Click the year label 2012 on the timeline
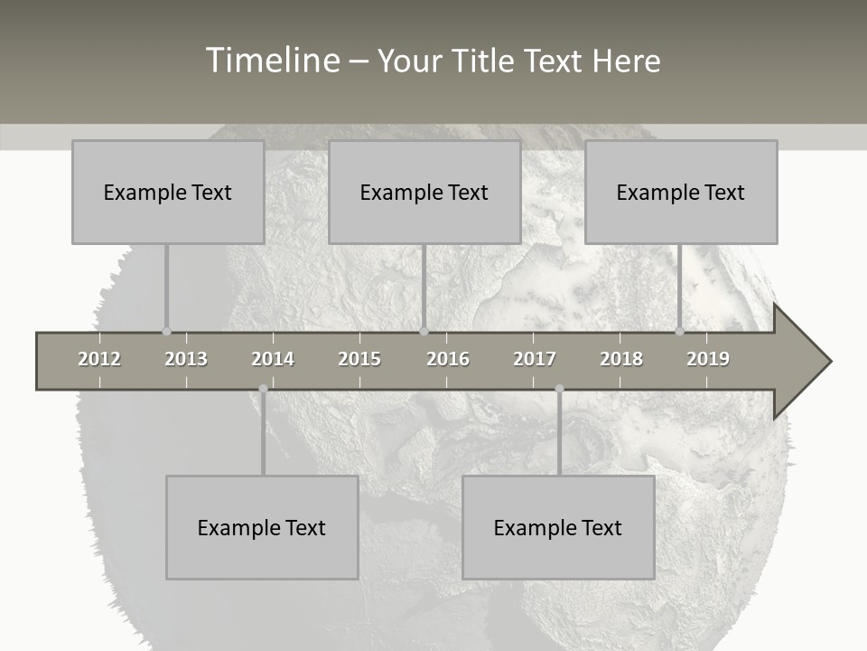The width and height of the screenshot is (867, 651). tap(99, 359)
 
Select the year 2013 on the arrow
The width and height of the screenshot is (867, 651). tap(186, 359)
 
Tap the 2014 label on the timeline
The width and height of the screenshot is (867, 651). tap(273, 359)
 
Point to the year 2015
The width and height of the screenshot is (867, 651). tap(359, 359)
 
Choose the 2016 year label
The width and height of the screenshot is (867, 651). tap(448, 359)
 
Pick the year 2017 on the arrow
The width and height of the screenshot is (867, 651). tap(535, 359)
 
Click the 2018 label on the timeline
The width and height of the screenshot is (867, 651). tap(621, 359)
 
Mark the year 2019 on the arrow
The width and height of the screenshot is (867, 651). tap(708, 359)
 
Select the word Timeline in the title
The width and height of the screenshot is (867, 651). tap(272, 61)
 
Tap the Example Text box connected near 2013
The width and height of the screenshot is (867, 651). tap(168, 192)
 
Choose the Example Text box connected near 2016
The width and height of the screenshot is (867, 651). tap(424, 192)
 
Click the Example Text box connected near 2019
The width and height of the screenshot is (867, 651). tap(681, 192)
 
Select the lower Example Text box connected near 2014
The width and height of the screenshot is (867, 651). tap(262, 527)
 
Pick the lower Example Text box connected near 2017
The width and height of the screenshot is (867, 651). tap(558, 527)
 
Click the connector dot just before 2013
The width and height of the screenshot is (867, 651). tap(166, 331)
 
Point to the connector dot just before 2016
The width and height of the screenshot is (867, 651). tap(424, 331)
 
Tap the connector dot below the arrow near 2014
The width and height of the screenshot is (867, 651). tap(263, 389)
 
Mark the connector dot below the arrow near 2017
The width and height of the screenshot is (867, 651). tap(559, 389)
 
